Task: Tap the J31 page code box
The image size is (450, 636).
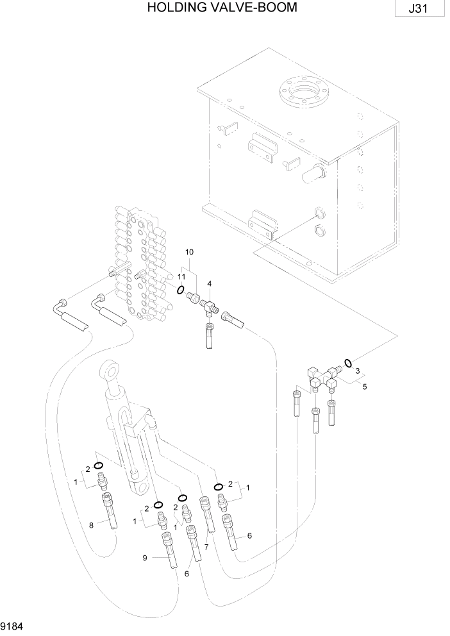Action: (421, 10)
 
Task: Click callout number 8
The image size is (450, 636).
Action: (92, 525)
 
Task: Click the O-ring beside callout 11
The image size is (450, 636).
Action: (181, 290)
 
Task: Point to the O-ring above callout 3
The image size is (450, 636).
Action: (347, 363)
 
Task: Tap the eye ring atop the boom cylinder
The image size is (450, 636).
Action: (110, 372)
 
